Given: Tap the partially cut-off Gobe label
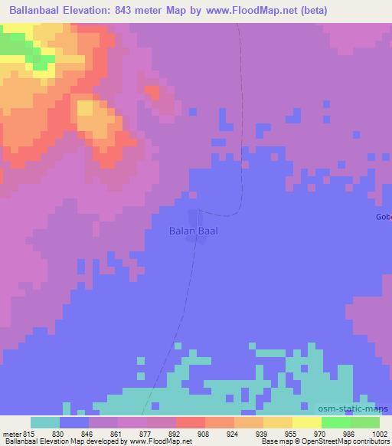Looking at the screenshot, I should [x=384, y=217].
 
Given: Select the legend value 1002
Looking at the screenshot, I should [x=370, y=433].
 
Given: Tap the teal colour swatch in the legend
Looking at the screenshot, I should [x=45, y=422].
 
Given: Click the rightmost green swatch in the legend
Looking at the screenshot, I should [x=365, y=422].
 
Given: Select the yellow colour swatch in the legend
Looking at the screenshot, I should [x=307, y=422].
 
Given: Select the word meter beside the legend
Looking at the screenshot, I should [x=11, y=433].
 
